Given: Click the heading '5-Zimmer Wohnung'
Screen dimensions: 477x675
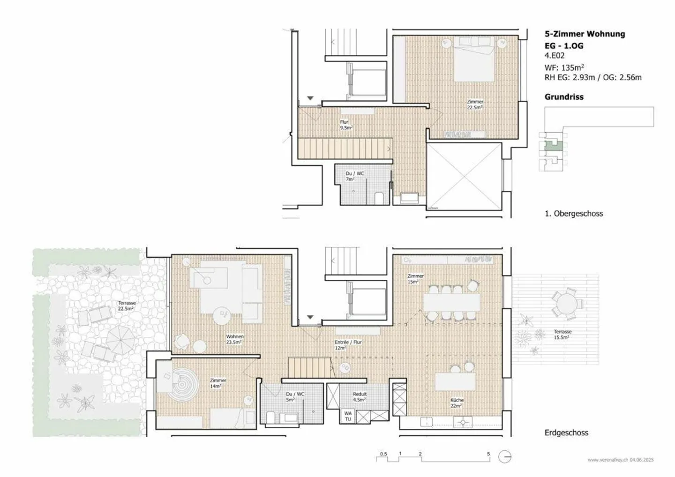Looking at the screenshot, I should click(585, 34).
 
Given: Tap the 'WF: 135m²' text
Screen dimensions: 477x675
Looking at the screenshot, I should click(564, 67).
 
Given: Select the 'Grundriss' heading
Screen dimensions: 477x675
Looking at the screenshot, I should click(563, 97).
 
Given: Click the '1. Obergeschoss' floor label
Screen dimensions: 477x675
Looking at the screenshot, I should click(573, 214).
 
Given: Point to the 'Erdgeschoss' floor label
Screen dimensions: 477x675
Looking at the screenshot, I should click(566, 433).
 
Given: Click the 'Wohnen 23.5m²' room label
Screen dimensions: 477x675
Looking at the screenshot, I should click(234, 339).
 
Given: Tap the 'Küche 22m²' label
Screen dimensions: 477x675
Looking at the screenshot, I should click(457, 403).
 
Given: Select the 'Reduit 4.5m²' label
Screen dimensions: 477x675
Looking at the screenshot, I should click(360, 397).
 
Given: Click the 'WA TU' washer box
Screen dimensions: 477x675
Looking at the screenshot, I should click(348, 416).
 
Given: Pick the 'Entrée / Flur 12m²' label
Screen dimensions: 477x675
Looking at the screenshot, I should click(348, 345).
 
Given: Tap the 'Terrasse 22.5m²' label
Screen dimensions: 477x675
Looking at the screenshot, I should click(127, 306).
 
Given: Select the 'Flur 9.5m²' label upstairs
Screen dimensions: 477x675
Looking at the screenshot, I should click(345, 125).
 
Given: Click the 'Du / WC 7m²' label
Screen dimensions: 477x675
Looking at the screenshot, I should click(354, 176).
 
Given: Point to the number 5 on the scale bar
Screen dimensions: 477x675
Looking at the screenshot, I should click(488, 454).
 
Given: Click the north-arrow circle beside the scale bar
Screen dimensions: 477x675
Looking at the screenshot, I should click(504, 457).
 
